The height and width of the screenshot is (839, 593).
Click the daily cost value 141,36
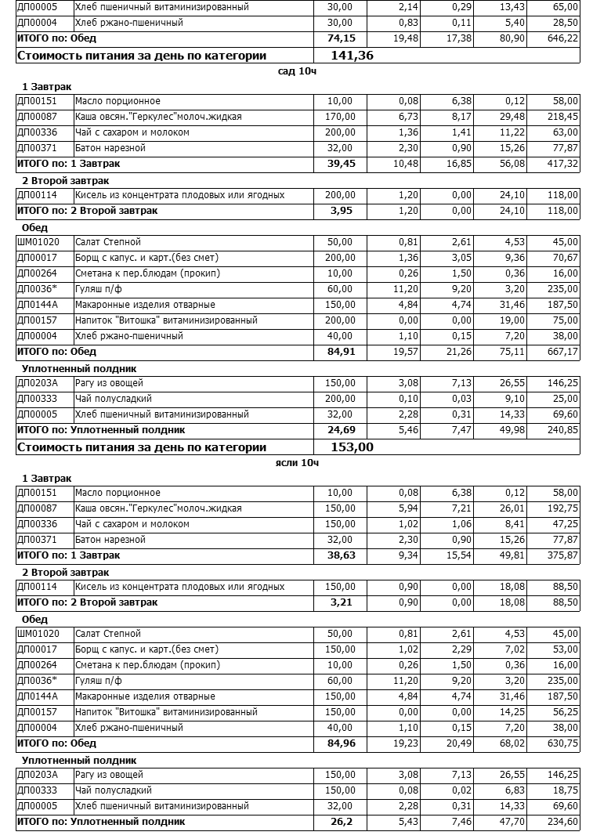353,56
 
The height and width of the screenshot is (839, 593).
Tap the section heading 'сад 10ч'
297,71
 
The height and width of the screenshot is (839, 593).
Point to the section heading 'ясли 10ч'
297,463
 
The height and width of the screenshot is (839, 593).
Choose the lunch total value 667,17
562,352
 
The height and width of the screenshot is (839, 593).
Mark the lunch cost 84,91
341,352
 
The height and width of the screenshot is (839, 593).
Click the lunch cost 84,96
341,743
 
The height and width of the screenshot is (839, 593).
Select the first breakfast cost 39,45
341,164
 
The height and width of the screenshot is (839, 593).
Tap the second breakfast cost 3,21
344,602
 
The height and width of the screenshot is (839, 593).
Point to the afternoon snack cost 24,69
341,430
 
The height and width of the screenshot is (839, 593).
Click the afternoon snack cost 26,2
344,822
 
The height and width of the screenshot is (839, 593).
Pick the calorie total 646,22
562,38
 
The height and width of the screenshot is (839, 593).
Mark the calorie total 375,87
562,555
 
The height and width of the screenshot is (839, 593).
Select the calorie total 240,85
562,430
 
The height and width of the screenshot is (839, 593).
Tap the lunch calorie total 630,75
562,743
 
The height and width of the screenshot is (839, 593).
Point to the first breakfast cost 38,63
341,555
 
